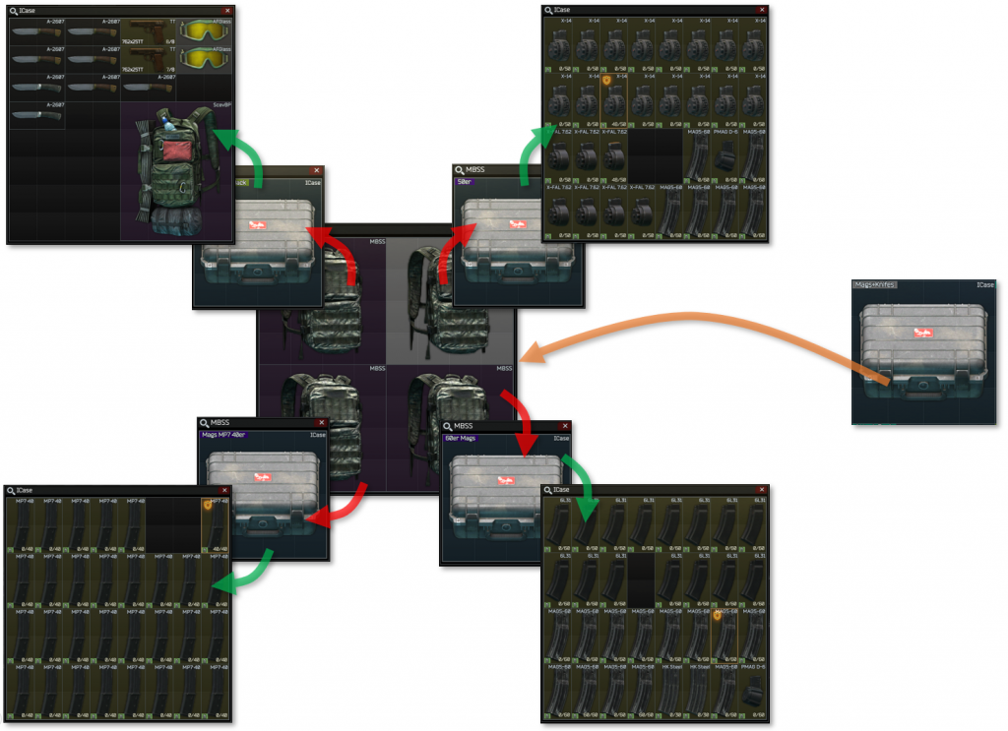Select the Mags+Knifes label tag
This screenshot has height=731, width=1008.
point(875,285)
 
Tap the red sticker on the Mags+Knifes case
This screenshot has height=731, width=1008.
point(921,335)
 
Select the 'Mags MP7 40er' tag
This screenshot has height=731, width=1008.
point(223,434)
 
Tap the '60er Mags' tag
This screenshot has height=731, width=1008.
point(462,438)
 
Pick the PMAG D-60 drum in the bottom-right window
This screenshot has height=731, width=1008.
point(752,693)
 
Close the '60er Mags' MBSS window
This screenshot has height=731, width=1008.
point(565,427)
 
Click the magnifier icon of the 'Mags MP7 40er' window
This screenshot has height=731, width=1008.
point(203,423)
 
